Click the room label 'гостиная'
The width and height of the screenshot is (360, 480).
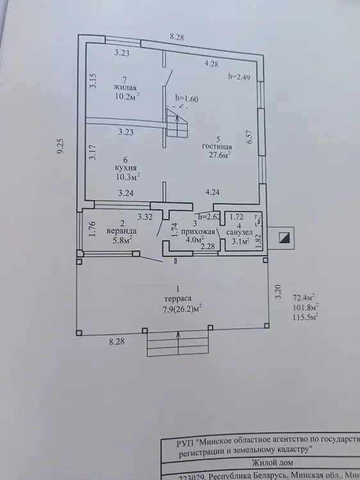[x=217, y=147]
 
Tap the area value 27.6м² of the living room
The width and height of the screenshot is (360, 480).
[x=219, y=155]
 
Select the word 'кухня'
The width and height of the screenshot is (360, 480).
[x=126, y=168]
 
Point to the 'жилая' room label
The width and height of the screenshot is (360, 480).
[x=125, y=88]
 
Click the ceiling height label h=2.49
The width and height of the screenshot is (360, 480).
[x=239, y=77]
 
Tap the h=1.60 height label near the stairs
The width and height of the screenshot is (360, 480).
[x=186, y=99]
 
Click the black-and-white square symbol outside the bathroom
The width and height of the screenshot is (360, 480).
[x=284, y=238]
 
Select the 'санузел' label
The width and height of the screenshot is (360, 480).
[x=240, y=233]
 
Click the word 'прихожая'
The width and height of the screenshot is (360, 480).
[x=198, y=232]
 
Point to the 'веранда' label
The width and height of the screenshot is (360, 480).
[x=122, y=231]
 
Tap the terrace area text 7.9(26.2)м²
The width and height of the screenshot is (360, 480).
[x=182, y=308]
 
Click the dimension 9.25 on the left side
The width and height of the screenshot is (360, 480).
[x=61, y=146]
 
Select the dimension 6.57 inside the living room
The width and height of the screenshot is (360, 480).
[x=249, y=137]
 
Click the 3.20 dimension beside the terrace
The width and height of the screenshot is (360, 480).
[x=278, y=292]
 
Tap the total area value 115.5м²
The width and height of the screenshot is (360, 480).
[x=305, y=317]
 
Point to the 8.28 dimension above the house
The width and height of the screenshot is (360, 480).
[x=177, y=37]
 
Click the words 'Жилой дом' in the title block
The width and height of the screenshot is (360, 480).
[x=272, y=463]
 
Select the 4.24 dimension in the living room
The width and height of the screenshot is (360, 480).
[x=212, y=192]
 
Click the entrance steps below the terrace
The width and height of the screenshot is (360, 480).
[x=179, y=344]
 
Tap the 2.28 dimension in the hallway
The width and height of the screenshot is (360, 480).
[x=208, y=246]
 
